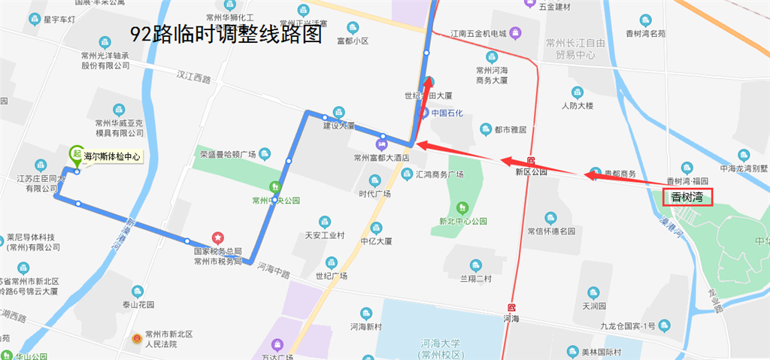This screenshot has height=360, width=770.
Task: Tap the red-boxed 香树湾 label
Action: [687, 198]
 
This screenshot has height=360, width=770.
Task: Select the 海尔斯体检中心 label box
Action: [111, 157]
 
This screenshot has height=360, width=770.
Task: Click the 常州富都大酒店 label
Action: [380, 159]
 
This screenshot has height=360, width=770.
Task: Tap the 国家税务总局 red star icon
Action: [217, 237]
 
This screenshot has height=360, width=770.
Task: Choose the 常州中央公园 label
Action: [276, 201]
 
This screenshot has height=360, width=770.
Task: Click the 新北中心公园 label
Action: [463, 222]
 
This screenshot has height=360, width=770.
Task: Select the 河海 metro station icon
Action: [512, 307]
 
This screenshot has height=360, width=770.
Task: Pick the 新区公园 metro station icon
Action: [532, 161]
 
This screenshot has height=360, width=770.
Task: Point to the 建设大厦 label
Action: [338, 126]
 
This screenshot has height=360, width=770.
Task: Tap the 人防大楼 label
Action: [577, 105]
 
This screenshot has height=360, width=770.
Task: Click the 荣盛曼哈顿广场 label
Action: [228, 155]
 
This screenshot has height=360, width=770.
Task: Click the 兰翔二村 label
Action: [475, 279]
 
